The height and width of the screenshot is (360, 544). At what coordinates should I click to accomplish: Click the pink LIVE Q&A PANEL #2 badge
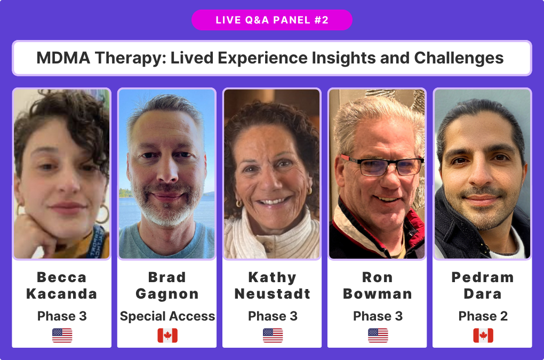[x=271, y=20]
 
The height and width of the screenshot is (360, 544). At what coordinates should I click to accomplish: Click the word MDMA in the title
[x=63, y=58]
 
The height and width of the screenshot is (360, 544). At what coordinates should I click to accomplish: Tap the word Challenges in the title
[x=459, y=58]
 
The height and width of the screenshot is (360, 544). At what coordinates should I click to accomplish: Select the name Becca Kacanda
[x=62, y=285]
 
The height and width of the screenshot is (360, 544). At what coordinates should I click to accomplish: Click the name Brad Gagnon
[x=167, y=285]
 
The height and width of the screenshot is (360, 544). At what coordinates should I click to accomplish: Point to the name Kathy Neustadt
[x=273, y=285]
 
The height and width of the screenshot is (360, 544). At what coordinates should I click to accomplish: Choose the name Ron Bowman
[x=378, y=285]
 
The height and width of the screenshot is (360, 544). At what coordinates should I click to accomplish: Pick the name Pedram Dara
[x=483, y=285]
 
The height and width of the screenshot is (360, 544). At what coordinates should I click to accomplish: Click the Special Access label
[x=167, y=316]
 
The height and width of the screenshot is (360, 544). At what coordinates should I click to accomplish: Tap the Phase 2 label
[x=483, y=316]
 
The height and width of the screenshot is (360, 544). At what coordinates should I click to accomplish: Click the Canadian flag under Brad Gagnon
[x=167, y=335]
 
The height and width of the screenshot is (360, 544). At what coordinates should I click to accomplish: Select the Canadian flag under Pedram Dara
[x=483, y=335]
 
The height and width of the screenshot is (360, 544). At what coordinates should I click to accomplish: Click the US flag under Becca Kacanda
[x=62, y=335]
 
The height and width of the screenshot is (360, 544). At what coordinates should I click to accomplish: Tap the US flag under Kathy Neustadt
[x=273, y=335]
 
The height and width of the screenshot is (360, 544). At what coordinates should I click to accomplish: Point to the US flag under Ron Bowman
[x=378, y=335]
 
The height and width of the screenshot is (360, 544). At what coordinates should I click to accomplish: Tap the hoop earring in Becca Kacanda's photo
[x=103, y=214]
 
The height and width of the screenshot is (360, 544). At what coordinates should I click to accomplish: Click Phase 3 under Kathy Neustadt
[x=273, y=316]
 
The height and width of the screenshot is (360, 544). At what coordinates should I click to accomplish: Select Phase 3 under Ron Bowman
[x=378, y=316]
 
